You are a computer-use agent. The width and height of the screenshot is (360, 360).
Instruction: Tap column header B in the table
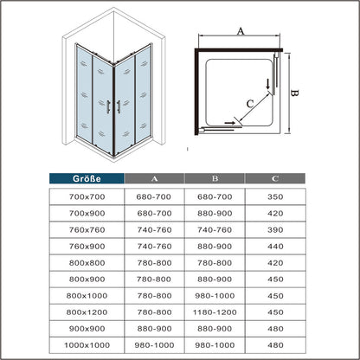(215, 180)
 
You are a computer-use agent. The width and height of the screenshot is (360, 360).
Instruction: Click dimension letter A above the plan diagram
(240, 29)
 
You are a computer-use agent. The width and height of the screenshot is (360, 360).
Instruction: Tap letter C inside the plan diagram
(250, 104)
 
